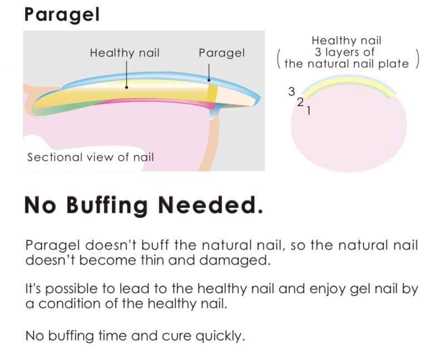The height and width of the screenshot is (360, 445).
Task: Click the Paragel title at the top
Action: (x=62, y=15)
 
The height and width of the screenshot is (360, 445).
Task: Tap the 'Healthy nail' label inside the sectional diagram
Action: (x=125, y=53)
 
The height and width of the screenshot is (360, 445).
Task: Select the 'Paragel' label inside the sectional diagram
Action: (x=221, y=53)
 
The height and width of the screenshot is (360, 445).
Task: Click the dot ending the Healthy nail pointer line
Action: (x=127, y=87)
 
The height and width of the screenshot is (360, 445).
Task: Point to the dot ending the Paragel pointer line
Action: (x=209, y=80)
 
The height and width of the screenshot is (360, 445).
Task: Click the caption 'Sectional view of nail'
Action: (x=91, y=157)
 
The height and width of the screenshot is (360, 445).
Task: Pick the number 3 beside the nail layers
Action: (x=291, y=91)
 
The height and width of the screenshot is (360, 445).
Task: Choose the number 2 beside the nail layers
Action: (x=300, y=102)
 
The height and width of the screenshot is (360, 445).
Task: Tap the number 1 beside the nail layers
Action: (x=309, y=110)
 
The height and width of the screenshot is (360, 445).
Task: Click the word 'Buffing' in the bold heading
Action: (x=107, y=205)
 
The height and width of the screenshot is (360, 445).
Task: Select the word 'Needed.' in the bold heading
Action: (x=210, y=205)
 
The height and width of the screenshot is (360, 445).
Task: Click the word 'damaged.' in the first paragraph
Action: (x=235, y=260)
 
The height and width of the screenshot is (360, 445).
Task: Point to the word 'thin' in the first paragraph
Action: (x=152, y=260)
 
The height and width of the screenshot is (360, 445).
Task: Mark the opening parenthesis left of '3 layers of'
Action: (x=279, y=58)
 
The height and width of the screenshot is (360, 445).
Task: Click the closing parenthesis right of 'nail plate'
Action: (x=417, y=58)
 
